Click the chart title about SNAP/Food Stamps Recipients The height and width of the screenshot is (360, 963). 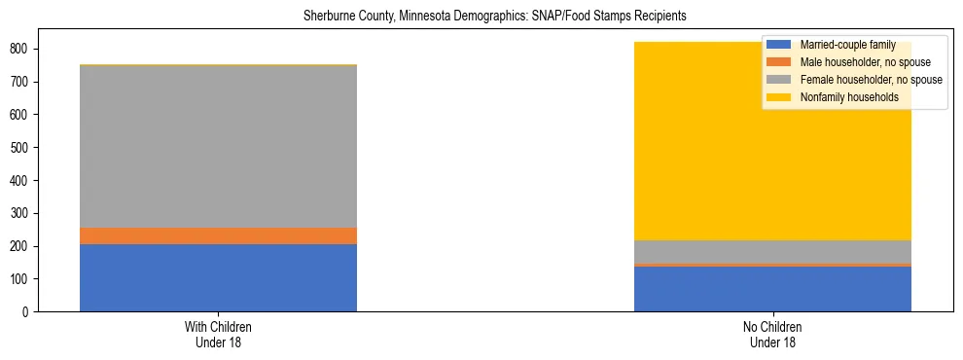[481, 17]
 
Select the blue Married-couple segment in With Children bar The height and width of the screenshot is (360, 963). [218, 277]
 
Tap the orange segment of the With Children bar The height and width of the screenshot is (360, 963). [218, 235]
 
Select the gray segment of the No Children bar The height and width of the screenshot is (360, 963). [772, 251]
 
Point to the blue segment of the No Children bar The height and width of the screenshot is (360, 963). [772, 289]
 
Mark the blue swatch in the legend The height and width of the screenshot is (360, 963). [779, 45]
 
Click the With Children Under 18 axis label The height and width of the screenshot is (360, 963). [218, 334]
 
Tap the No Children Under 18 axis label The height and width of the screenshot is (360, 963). [772, 334]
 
